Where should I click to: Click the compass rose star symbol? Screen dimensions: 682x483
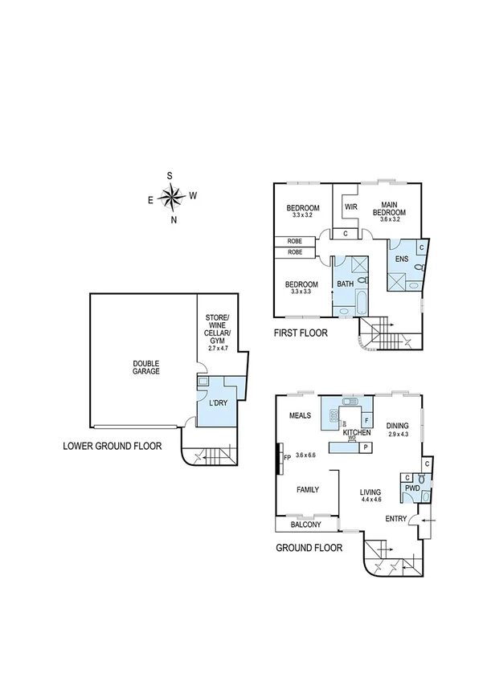[172, 195]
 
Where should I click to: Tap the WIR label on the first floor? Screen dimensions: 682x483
[350, 206]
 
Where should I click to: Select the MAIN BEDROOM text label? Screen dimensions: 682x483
[388, 207]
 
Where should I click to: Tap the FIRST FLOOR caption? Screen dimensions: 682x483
[301, 332]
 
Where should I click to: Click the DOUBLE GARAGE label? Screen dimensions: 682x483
[146, 367]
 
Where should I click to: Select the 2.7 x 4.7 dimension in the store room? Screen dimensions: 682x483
[218, 349]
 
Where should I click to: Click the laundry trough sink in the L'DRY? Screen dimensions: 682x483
[203, 383]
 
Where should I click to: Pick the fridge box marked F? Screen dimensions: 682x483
[366, 419]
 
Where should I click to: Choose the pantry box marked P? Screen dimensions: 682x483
[366, 447]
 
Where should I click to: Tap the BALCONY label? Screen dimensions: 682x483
[305, 525]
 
